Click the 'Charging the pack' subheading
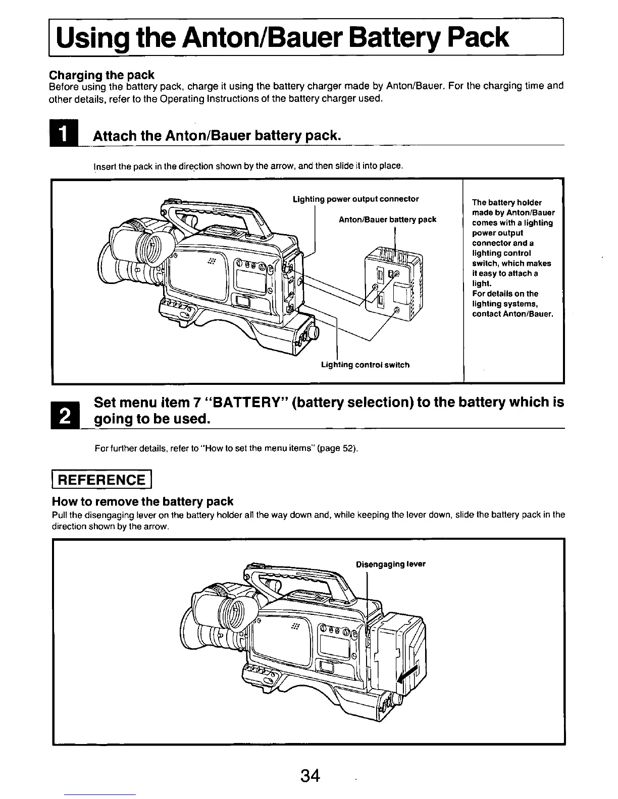click(x=101, y=75)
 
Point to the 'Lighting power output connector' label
click(x=355, y=199)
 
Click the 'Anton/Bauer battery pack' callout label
click(x=387, y=219)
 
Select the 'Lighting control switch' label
click(x=365, y=365)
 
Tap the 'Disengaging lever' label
click(x=390, y=564)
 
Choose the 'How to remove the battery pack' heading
click(x=143, y=501)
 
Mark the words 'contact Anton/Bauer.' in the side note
click(x=512, y=314)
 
